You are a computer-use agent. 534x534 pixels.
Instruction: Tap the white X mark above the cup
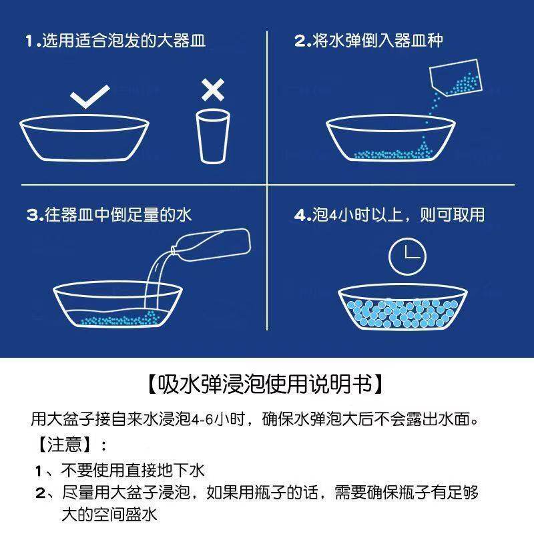click(213, 89)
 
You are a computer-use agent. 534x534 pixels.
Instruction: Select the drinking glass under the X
click(213, 136)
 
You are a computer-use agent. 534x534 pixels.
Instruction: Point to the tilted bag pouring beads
click(455, 77)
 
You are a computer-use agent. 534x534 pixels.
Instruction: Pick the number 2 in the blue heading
click(300, 41)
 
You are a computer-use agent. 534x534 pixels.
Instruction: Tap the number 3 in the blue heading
click(31, 216)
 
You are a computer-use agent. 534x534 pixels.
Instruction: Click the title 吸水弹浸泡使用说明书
click(266, 384)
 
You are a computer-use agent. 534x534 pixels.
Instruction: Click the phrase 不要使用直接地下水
click(132, 471)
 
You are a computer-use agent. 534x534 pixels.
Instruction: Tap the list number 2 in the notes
click(40, 495)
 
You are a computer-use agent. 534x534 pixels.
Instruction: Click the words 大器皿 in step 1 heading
click(181, 41)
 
